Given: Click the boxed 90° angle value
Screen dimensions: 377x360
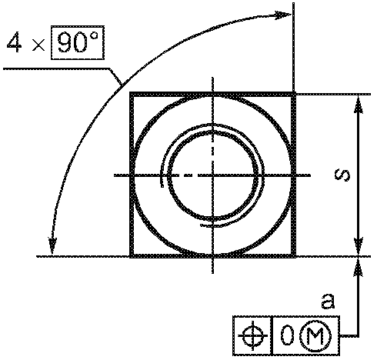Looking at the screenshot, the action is coord(78,42).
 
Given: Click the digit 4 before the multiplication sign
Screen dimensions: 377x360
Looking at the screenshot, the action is coord(15,42).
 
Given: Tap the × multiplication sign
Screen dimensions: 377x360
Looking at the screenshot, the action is coord(38,45).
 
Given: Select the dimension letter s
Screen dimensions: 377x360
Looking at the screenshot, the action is coord(342,175).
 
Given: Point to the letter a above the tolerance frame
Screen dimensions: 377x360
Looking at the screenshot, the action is coord(328,302).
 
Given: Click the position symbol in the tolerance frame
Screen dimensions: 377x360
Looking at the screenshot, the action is coord(253,335).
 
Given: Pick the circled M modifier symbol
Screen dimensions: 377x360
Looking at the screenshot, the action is coord(315,335).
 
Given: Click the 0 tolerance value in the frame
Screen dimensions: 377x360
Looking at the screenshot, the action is coord(287,335).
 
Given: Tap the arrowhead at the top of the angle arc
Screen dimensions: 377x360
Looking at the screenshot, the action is coord(283,15).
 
